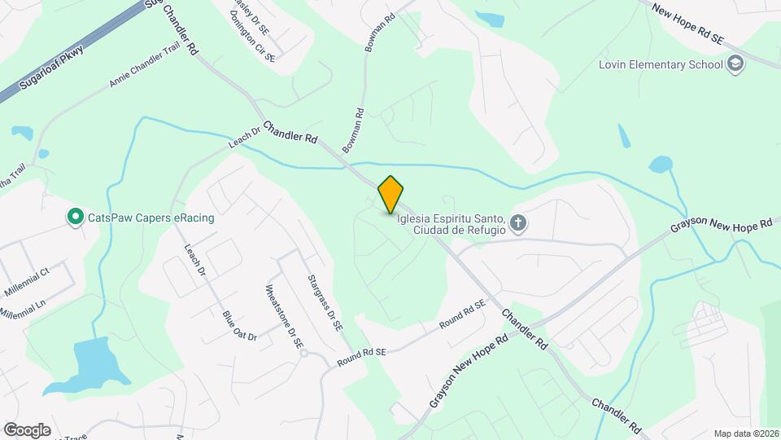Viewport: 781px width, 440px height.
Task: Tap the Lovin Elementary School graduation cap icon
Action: click(736, 64)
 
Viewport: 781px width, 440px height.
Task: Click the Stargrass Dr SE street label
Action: click(325, 301)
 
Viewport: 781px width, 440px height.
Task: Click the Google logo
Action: click(27, 429)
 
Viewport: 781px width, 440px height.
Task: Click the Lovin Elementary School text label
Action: click(660, 64)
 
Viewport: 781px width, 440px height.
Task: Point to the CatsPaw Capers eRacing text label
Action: click(146, 217)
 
